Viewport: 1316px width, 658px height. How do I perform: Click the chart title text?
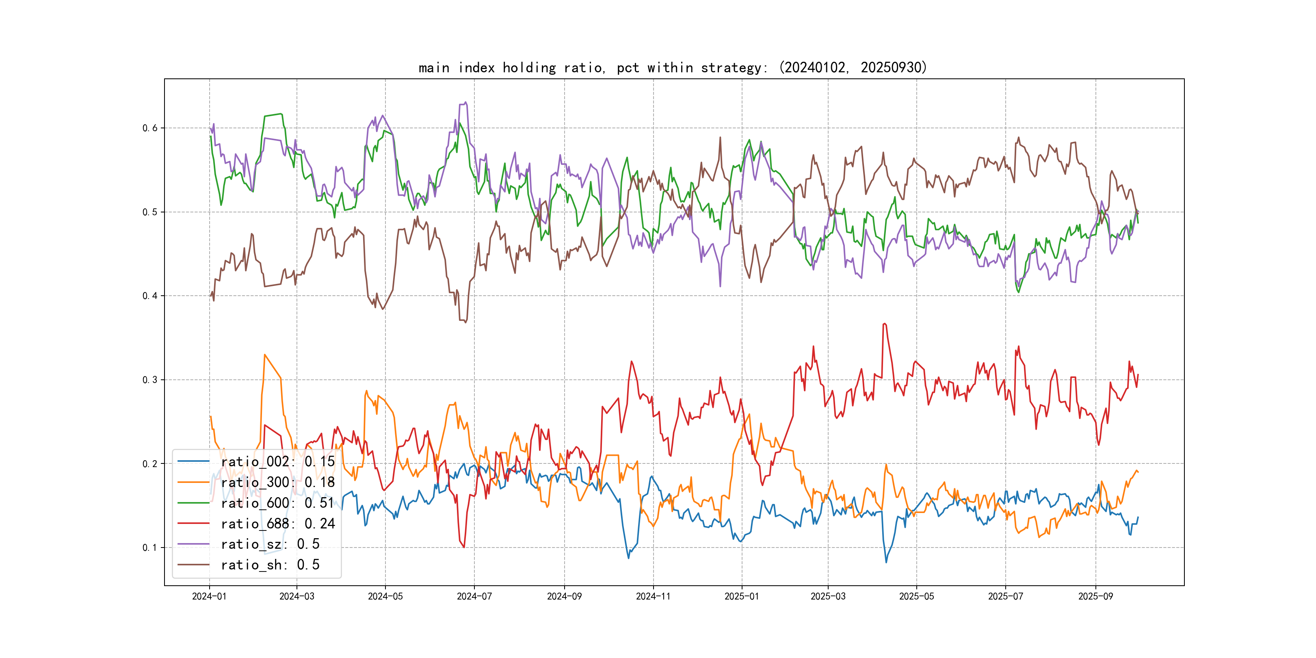click(672, 67)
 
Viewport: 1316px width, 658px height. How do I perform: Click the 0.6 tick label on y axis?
click(150, 128)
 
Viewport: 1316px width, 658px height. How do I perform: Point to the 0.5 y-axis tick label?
click(150, 212)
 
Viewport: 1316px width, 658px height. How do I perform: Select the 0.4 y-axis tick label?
click(150, 296)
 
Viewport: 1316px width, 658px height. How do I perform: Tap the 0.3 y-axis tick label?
click(150, 380)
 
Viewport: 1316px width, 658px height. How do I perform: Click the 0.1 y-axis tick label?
click(150, 548)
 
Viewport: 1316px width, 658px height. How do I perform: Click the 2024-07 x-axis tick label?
click(474, 596)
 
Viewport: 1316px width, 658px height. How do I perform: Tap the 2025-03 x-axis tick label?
click(828, 596)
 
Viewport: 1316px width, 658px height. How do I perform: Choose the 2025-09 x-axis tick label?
click(1095, 596)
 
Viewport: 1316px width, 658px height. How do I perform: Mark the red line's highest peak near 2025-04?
click(884, 323)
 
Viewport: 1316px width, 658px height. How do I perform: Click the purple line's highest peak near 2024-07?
click(465, 102)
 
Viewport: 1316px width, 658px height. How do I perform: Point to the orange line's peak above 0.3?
click(265, 355)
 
